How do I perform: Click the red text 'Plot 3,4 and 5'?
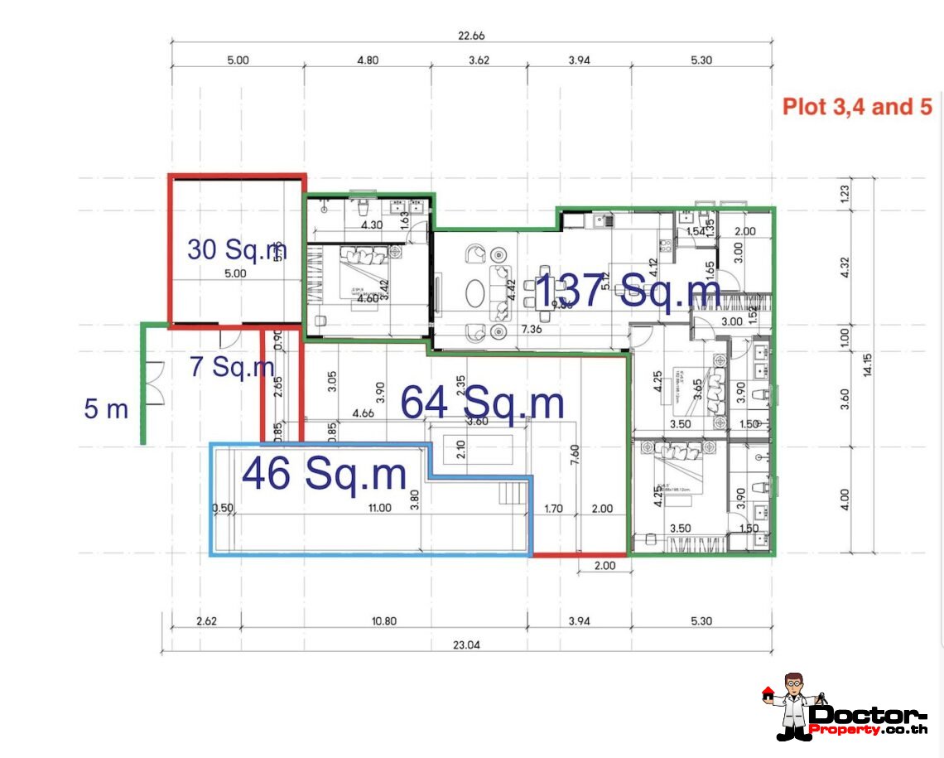[x=858, y=107]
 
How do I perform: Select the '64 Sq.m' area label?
[x=482, y=403]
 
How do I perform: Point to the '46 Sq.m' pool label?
[x=324, y=474]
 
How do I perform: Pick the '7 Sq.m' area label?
[x=231, y=365]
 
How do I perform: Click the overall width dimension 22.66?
[x=471, y=35]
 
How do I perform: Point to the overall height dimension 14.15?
[x=867, y=365]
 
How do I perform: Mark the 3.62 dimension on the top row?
[x=479, y=60]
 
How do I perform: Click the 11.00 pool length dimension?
[x=378, y=508]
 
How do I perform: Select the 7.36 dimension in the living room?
[x=532, y=330]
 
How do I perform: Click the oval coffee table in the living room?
[x=475, y=292]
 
